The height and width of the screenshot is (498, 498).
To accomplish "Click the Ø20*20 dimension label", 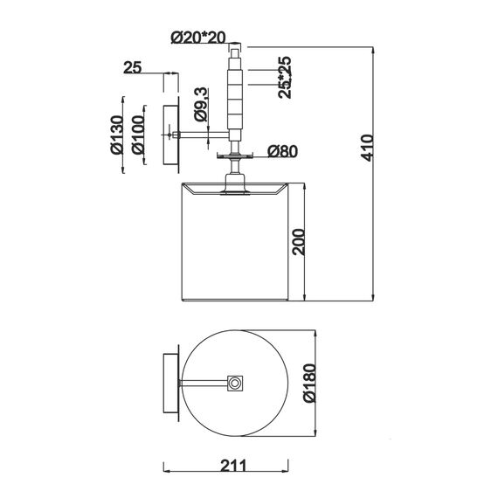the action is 198,38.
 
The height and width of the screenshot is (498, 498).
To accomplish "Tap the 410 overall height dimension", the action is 368,148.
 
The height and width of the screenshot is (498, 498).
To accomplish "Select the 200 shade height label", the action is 299,242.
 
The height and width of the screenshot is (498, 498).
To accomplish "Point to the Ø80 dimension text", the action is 283,151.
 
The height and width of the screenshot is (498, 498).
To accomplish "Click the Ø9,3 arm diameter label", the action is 201,104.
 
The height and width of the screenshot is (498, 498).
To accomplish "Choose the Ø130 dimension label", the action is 116,135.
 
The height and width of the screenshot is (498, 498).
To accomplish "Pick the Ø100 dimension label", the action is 138,135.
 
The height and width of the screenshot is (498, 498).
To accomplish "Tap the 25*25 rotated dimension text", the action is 285,78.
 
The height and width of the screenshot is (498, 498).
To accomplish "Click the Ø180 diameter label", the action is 309,384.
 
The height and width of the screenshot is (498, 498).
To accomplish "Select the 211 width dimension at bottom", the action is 233,466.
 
